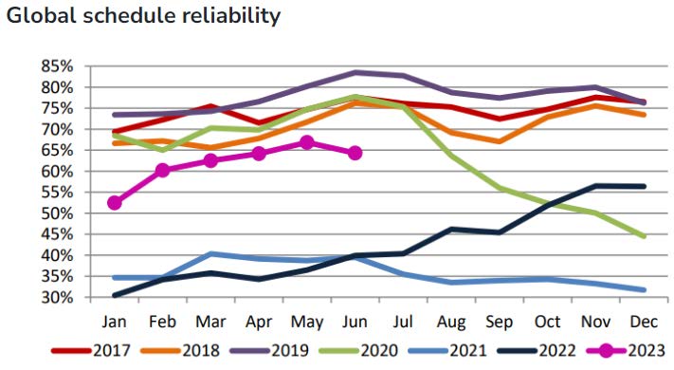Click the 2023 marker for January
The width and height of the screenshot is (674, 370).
(115, 202)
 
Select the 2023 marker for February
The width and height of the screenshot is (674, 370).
(162, 171)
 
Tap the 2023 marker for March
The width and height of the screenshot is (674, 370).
(210, 160)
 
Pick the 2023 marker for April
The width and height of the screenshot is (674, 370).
(259, 153)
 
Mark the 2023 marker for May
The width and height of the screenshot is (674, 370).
(306, 142)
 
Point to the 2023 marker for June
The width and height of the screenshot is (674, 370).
(355, 153)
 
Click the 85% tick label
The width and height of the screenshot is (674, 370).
(57, 66)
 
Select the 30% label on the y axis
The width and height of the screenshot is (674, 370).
(57, 297)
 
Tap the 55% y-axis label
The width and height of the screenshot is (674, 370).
(57, 193)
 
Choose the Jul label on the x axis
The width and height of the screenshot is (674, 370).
(403, 322)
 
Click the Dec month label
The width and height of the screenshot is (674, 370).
(644, 322)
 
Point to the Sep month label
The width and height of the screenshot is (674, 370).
(499, 323)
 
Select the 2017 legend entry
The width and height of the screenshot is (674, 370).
(90, 351)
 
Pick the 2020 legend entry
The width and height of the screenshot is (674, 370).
(358, 351)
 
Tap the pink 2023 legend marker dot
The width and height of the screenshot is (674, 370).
(605, 351)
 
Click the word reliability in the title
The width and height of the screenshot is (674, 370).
(230, 16)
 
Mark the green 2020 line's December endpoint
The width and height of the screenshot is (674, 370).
(644, 236)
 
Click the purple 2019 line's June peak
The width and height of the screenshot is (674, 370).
(355, 72)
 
